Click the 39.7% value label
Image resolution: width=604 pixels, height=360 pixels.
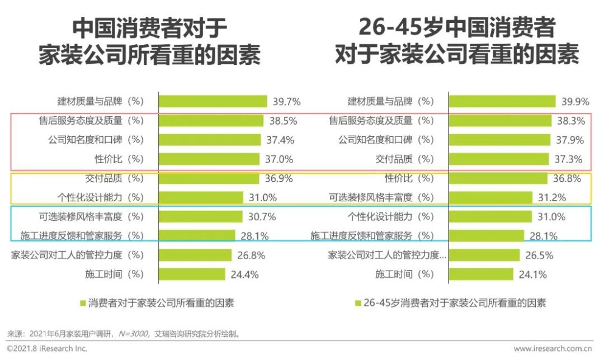(287, 102)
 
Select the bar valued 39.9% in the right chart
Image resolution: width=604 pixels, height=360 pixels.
(502, 101)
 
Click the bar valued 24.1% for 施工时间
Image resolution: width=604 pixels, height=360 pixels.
(480, 274)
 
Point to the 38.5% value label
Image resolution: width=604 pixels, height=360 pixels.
(283, 121)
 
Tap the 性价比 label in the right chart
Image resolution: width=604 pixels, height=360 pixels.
(398, 178)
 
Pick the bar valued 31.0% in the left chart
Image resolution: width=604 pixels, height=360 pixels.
(201, 197)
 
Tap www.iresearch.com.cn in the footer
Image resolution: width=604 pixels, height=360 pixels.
(553, 349)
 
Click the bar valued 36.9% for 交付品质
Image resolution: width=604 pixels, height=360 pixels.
(209, 178)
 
